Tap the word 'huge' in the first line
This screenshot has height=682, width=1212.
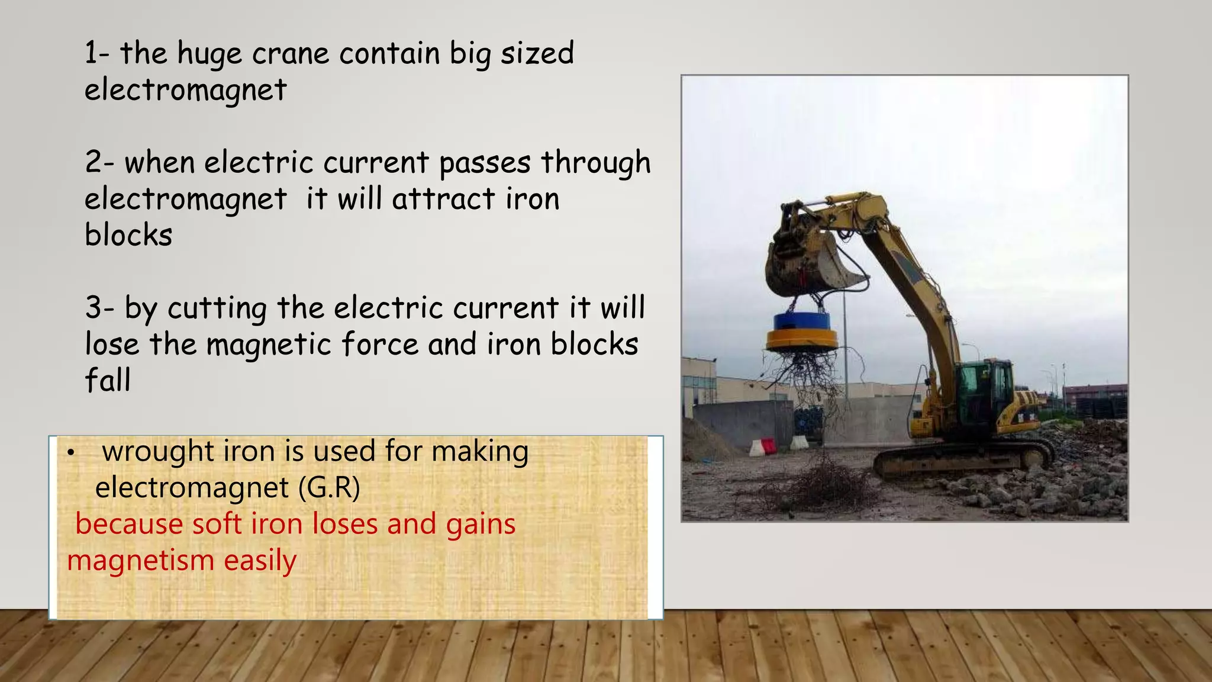pyautogui.click(x=209, y=54)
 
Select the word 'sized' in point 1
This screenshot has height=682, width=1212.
pyautogui.click(x=537, y=54)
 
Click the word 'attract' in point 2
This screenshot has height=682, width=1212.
pyautogui.click(x=443, y=199)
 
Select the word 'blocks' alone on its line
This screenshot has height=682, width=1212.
pyautogui.click(x=128, y=235)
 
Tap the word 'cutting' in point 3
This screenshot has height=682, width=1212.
pyautogui.click(x=217, y=308)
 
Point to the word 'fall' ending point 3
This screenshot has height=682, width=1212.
pyautogui.click(x=107, y=380)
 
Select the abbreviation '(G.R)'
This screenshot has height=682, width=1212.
pyautogui.click(x=328, y=488)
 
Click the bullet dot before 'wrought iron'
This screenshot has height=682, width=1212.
pyautogui.click(x=70, y=453)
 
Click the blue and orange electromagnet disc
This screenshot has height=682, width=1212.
pyautogui.click(x=802, y=332)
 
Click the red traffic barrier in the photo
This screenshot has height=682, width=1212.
pyautogui.click(x=768, y=445)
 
